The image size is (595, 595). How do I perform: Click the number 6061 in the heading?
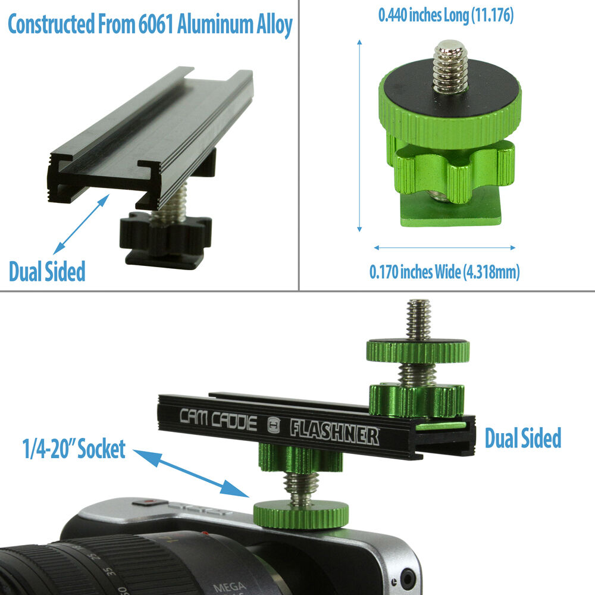tap(155, 24)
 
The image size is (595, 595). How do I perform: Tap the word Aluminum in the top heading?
tap(215, 24)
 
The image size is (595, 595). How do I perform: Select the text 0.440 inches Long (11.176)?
tap(446, 15)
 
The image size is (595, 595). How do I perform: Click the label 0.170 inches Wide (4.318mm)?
tap(444, 272)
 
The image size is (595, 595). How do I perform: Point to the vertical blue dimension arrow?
tap(359, 136)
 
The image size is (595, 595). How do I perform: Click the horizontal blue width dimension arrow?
tap(444, 248)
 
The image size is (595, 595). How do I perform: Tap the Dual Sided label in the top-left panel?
tap(47, 271)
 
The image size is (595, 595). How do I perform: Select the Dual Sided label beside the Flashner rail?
tap(523, 438)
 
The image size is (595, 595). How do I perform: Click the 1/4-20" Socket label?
tap(74, 449)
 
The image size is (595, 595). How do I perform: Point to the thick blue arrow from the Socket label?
tap(191, 473)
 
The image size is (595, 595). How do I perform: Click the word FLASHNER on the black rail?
tap(334, 432)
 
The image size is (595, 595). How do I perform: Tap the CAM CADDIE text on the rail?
tap(218, 419)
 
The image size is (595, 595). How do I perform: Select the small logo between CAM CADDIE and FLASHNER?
tap(273, 425)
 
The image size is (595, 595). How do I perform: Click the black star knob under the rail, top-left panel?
tap(165, 234)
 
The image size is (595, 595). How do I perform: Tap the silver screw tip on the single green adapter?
tap(450, 67)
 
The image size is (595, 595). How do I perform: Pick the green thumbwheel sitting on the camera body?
tap(300, 514)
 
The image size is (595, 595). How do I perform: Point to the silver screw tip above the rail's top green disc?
tap(418, 319)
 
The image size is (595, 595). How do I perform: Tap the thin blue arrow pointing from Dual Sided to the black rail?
tap(81, 224)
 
